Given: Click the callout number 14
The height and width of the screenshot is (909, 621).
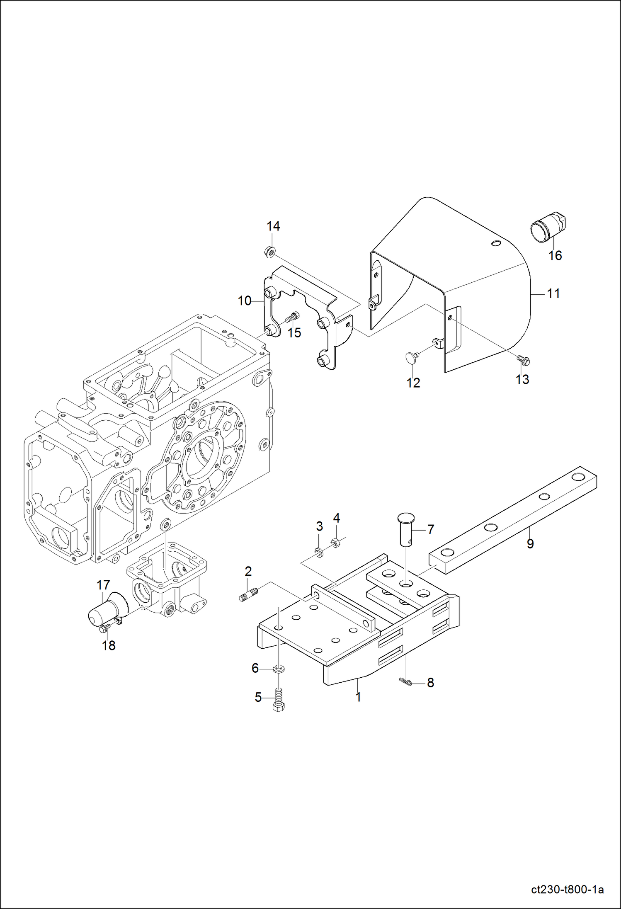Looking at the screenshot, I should point(273,226).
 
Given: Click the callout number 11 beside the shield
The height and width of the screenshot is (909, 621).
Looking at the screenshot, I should point(553,293).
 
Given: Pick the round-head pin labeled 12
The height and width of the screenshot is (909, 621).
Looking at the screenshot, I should point(411,357).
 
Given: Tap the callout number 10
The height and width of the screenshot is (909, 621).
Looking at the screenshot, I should point(244,301).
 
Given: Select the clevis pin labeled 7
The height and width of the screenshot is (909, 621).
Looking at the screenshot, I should point(406,531).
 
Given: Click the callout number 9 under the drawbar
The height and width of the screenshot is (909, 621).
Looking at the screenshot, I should point(530,544).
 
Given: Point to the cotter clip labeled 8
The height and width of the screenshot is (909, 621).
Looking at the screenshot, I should point(405,682).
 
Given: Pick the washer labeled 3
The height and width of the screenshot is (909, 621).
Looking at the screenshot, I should point(319,553).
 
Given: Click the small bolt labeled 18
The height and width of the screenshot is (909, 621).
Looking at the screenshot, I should point(104,629).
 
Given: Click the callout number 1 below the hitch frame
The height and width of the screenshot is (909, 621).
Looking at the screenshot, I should point(358,697).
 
